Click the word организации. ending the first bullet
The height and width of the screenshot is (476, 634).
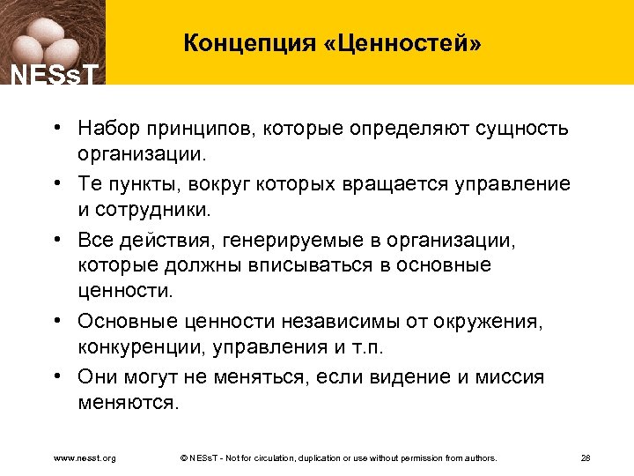pyautogui.click(x=140, y=155)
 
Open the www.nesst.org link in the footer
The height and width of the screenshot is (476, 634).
pyautogui.click(x=85, y=458)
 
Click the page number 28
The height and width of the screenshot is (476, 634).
pyautogui.click(x=586, y=458)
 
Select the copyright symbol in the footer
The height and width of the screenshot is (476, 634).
pyautogui.click(x=182, y=458)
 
